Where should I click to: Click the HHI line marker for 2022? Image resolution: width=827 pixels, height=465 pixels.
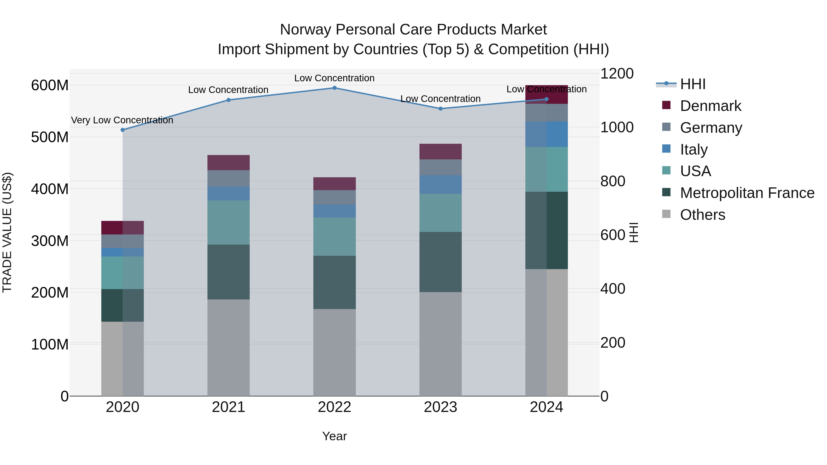tap(334, 88)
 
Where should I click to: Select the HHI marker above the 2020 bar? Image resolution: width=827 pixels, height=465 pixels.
tap(123, 130)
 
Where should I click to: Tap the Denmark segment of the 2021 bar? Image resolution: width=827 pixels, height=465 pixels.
tap(228, 163)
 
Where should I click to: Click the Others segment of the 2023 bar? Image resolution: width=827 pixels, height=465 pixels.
tap(440, 344)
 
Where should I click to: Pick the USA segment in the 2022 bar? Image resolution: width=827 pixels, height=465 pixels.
tap(334, 237)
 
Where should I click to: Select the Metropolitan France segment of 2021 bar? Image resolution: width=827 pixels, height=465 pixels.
tap(228, 272)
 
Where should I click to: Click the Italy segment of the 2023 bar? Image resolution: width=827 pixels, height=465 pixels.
tap(440, 185)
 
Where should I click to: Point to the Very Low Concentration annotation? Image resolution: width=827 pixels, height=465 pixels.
tap(122, 120)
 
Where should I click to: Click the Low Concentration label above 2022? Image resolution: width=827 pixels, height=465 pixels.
tap(334, 78)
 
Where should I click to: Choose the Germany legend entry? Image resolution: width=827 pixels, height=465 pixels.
tap(711, 128)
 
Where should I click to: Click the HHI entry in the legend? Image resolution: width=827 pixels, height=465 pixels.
tap(693, 84)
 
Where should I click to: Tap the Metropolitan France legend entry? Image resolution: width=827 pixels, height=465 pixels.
tap(747, 193)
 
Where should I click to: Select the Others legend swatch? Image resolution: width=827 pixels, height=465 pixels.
tap(666, 214)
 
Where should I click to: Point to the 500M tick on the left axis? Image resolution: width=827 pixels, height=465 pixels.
tap(50, 137)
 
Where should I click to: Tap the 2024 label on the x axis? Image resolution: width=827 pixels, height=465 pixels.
tap(547, 407)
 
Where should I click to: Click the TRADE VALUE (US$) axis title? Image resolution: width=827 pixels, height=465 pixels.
tap(7, 232)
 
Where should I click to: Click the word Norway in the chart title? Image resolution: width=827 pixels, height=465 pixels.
tap(305, 30)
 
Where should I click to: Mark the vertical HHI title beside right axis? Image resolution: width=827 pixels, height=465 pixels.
tap(633, 232)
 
